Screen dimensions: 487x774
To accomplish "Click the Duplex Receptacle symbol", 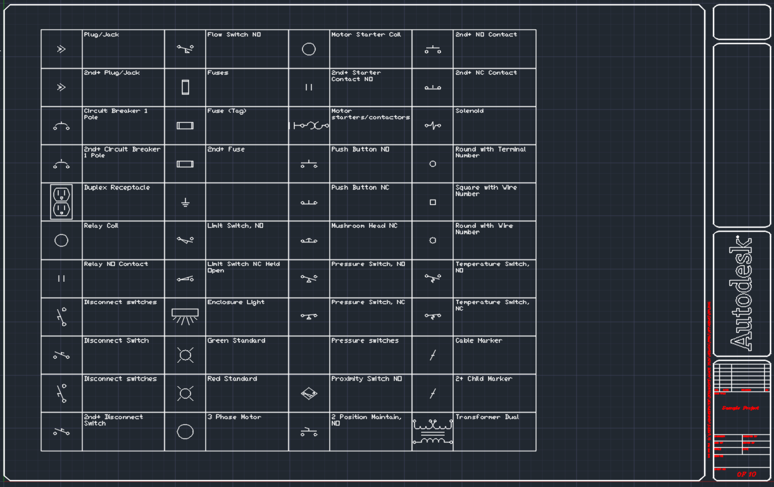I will [61, 202].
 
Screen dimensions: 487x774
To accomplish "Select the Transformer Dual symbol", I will [433, 432].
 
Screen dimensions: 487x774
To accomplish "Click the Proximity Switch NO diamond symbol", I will [309, 393].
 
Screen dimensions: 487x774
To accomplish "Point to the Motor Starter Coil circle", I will [309, 49].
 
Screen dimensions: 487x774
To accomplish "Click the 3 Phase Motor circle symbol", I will [185, 431].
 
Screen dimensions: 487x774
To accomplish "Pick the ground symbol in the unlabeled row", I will [185, 202].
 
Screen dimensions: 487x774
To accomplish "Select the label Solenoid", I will [469, 111].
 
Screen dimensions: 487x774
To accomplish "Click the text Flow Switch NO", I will [234, 34].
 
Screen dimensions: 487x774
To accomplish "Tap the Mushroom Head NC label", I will [364, 225].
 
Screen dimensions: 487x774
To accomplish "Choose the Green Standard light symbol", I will [185, 355].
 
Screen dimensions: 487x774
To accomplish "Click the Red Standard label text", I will [232, 379].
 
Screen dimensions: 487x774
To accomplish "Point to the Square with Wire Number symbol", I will [433, 202].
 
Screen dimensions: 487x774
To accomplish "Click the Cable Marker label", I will [478, 340].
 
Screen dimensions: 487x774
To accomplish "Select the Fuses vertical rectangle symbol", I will [185, 87].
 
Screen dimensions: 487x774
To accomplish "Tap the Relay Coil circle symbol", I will [61, 240].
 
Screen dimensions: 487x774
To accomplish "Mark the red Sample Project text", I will [740, 408].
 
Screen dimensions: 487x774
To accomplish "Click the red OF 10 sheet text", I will [746, 474].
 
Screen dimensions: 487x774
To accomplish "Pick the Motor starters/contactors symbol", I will [309, 126].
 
